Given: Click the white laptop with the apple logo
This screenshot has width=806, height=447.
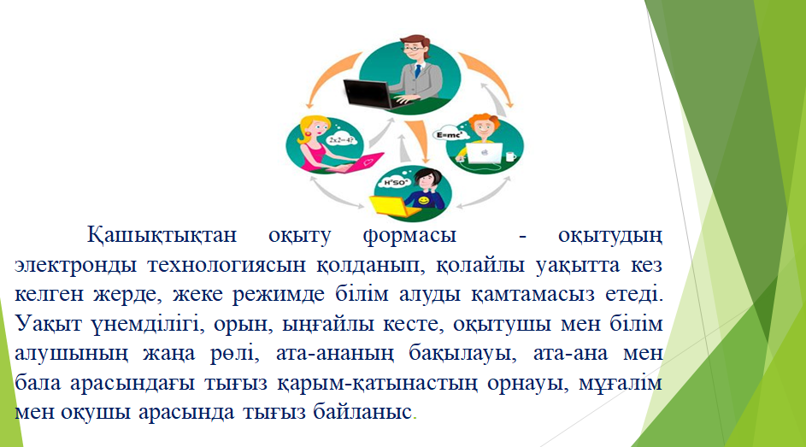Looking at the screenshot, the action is coord(484,153).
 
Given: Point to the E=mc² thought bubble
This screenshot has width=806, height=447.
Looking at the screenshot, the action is coord(450,135).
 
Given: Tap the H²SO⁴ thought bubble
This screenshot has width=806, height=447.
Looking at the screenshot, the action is coord(397,182).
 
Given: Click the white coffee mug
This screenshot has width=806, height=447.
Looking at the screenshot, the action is coord(510,156).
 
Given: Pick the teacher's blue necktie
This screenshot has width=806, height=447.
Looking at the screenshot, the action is coord(419,70).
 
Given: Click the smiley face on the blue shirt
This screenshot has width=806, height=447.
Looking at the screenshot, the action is coord(423,200).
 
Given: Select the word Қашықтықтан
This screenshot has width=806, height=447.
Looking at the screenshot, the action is coord(162,235).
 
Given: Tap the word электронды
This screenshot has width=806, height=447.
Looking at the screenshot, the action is coord(75,265).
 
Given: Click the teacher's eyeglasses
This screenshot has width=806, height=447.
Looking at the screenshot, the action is coord(414,49).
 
